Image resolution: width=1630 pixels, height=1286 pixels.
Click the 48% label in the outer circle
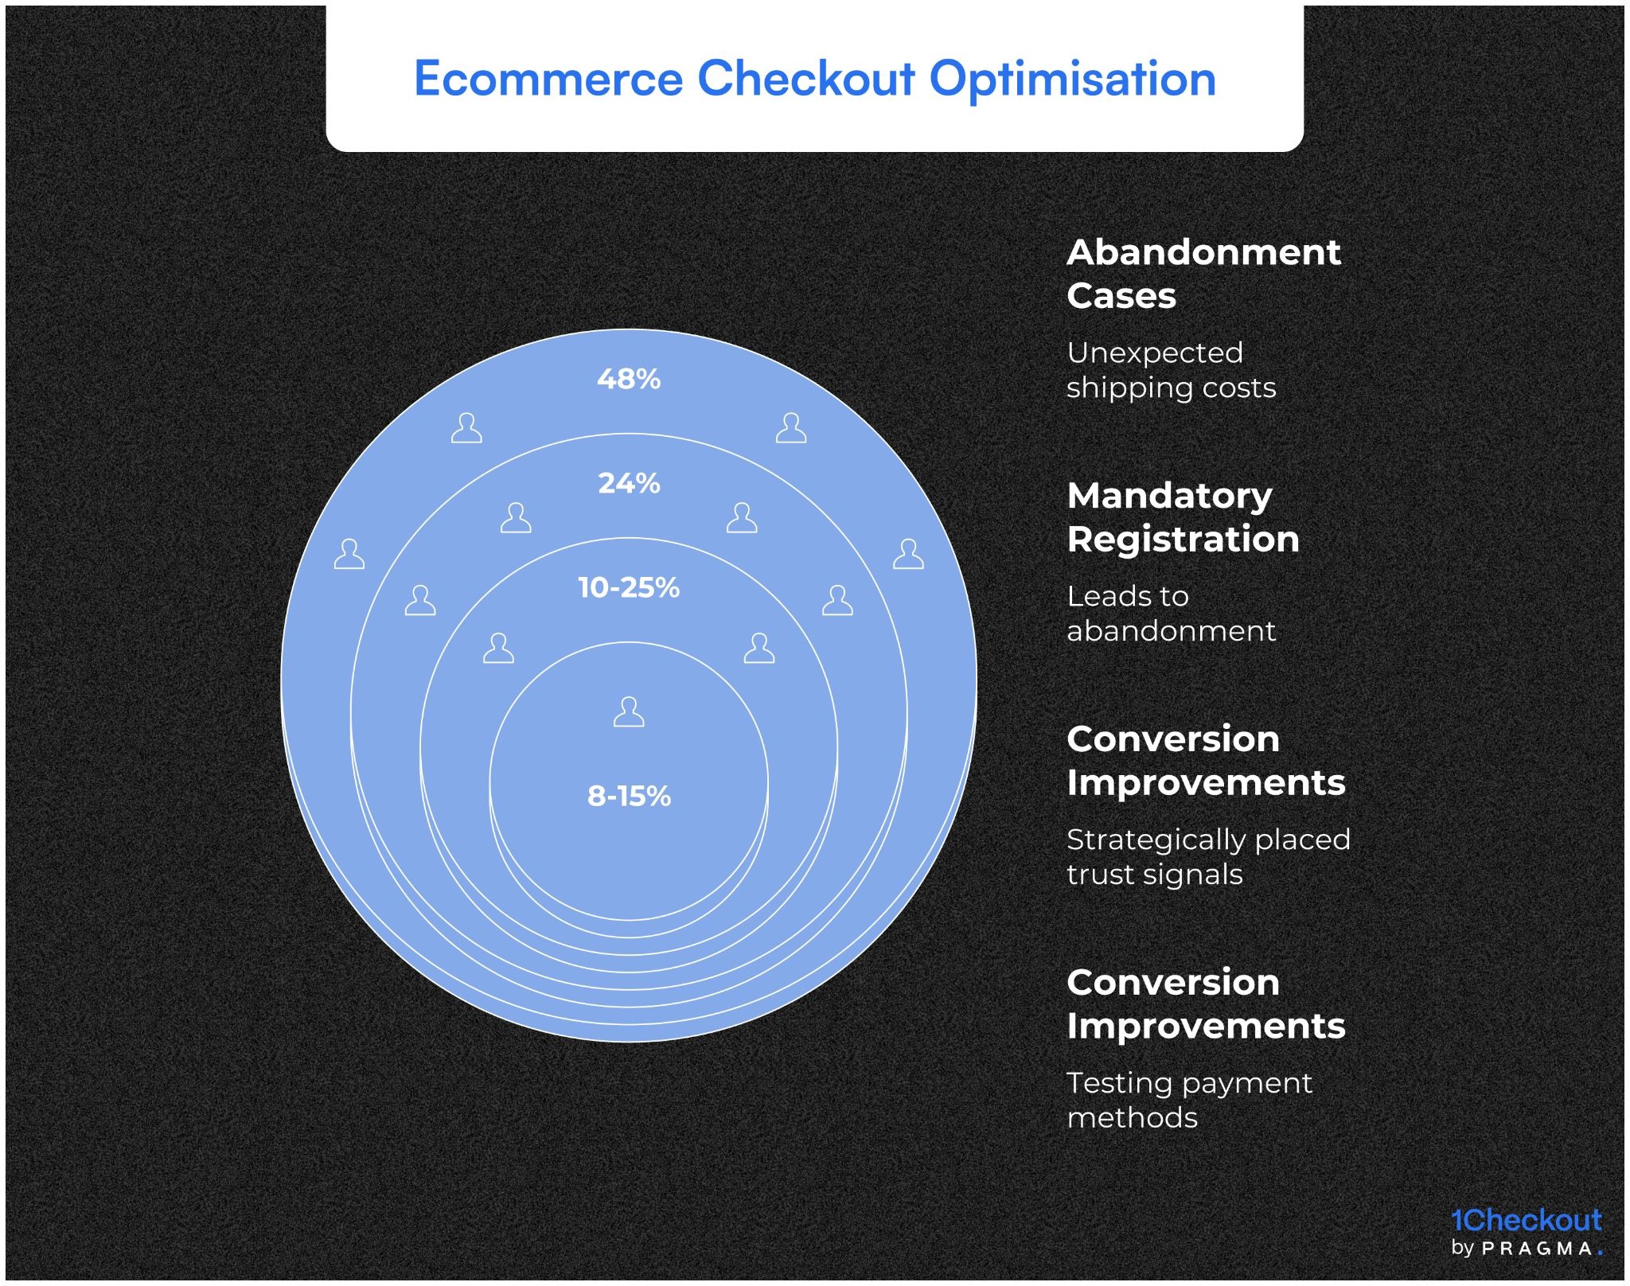click(x=628, y=379)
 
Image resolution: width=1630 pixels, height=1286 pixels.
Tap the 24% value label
click(x=628, y=483)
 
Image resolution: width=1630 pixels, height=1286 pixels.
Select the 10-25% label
click(x=628, y=587)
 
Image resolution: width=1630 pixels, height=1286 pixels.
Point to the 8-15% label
click(x=628, y=796)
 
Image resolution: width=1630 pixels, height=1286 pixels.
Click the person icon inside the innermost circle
click(x=628, y=712)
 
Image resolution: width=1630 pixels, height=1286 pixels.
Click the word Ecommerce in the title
click(x=548, y=79)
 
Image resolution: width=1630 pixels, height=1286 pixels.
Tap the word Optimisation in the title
click(x=1072, y=79)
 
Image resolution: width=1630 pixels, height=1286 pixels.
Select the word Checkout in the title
click(x=805, y=79)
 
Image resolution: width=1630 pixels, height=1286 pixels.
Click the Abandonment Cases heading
click(x=1203, y=274)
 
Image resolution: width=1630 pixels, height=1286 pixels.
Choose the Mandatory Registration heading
click(x=1183, y=517)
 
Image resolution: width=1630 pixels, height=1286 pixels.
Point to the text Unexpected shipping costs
click(x=1170, y=370)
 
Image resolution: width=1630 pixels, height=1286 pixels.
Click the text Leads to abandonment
click(x=1170, y=614)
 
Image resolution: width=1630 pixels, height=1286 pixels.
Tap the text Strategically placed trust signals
click(x=1207, y=857)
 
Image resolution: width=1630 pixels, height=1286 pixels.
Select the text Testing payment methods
click(x=1188, y=1101)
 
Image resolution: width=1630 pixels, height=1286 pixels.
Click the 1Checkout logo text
click(x=1526, y=1220)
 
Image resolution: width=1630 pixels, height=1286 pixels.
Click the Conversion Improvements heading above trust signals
click(x=1205, y=761)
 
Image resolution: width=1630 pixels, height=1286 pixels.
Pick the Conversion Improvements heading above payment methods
click(x=1205, y=1004)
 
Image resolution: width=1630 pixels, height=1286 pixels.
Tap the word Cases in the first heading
click(x=1121, y=296)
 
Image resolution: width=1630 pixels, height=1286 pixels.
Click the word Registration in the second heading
click(x=1183, y=540)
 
